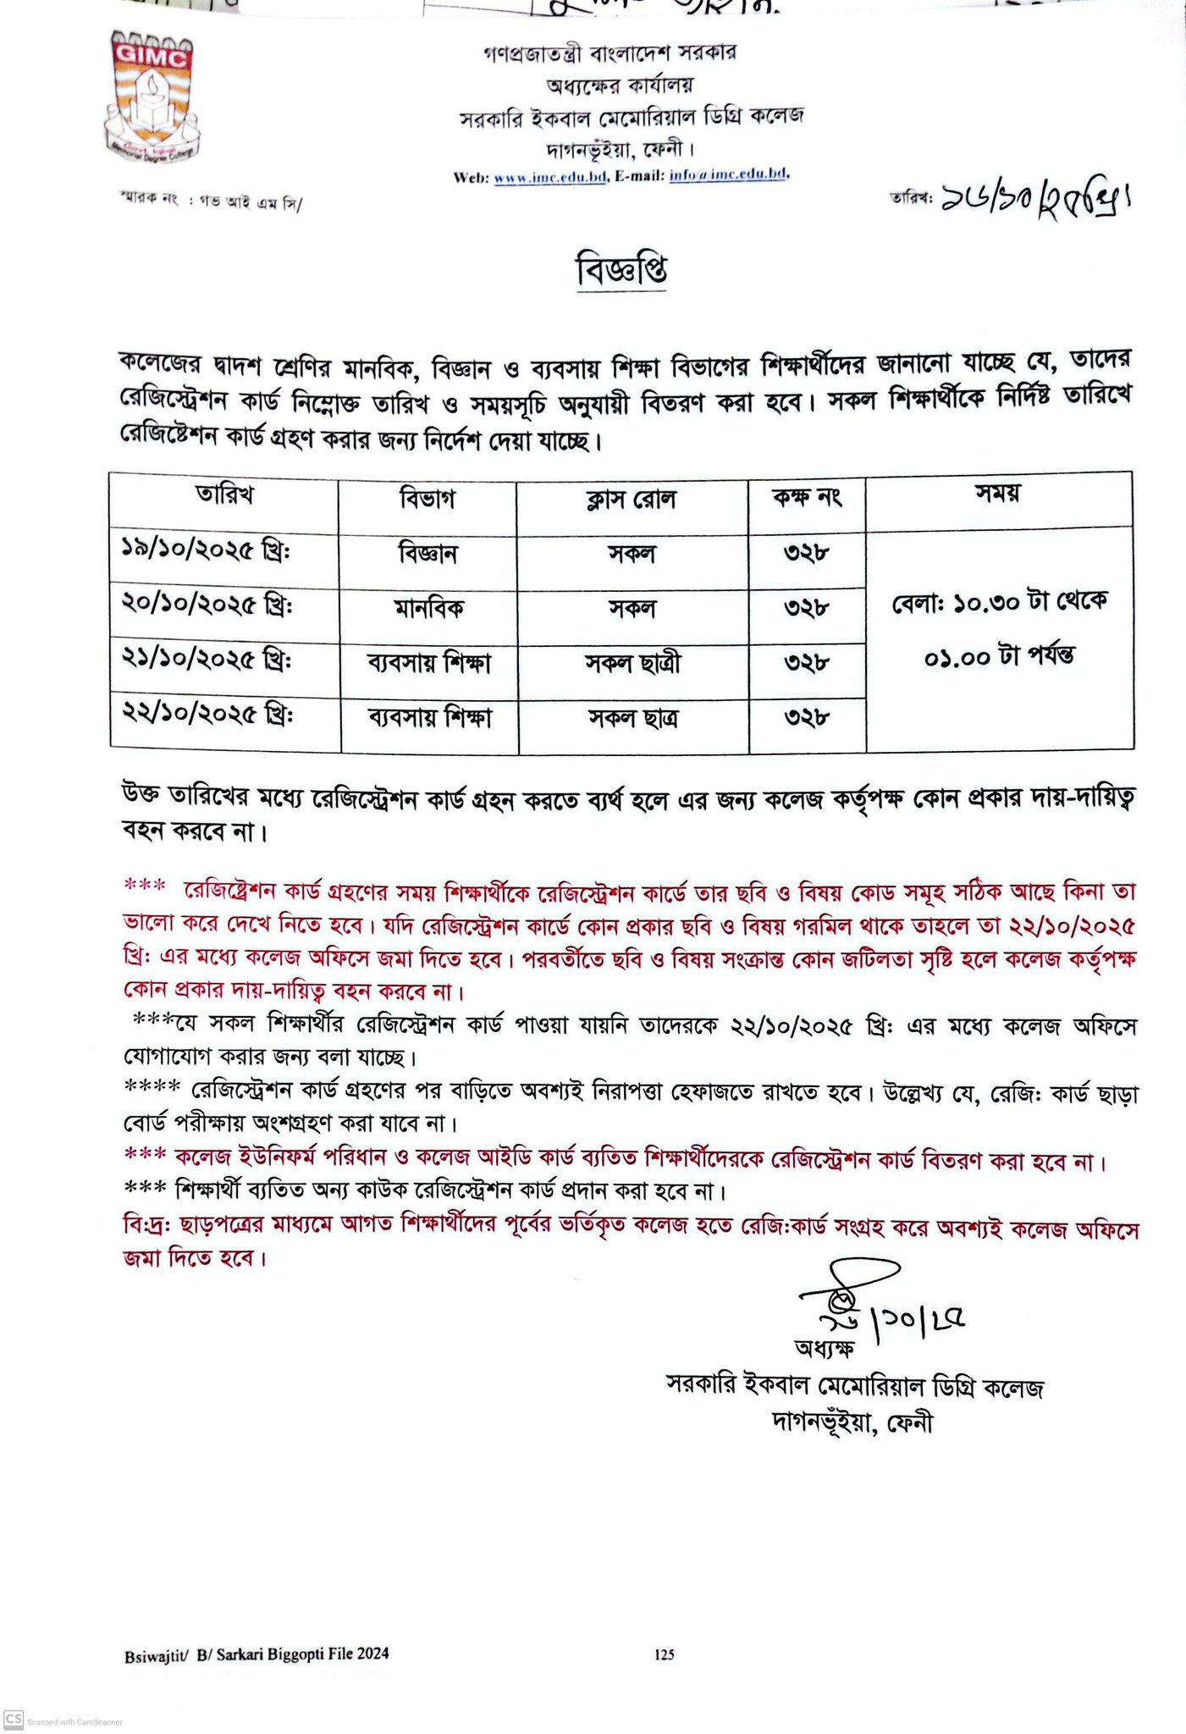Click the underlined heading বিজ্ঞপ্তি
click(621, 269)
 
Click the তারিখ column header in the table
click(224, 495)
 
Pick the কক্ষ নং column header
click(806, 498)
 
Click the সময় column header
click(997, 494)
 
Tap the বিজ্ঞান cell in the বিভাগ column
click(428, 554)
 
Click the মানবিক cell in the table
click(428, 608)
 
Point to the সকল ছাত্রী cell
click(632, 663)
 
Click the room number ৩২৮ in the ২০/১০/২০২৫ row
click(806, 608)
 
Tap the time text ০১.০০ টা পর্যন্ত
click(999, 656)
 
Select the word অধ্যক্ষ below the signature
click(824, 1346)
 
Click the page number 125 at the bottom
click(665, 1654)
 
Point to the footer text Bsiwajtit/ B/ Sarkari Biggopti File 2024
click(257, 1654)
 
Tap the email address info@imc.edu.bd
click(729, 175)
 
